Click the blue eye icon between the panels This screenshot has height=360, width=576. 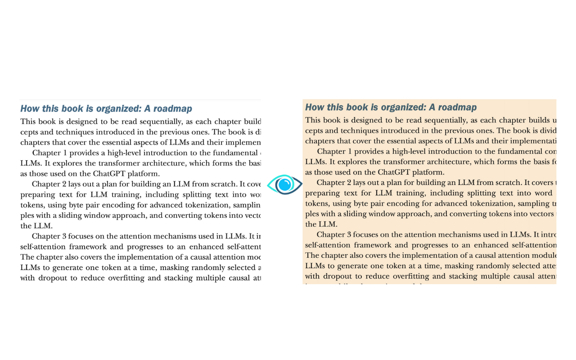point(284,184)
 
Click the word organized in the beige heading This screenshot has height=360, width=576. point(401,107)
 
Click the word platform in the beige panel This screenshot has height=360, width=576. point(428,172)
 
